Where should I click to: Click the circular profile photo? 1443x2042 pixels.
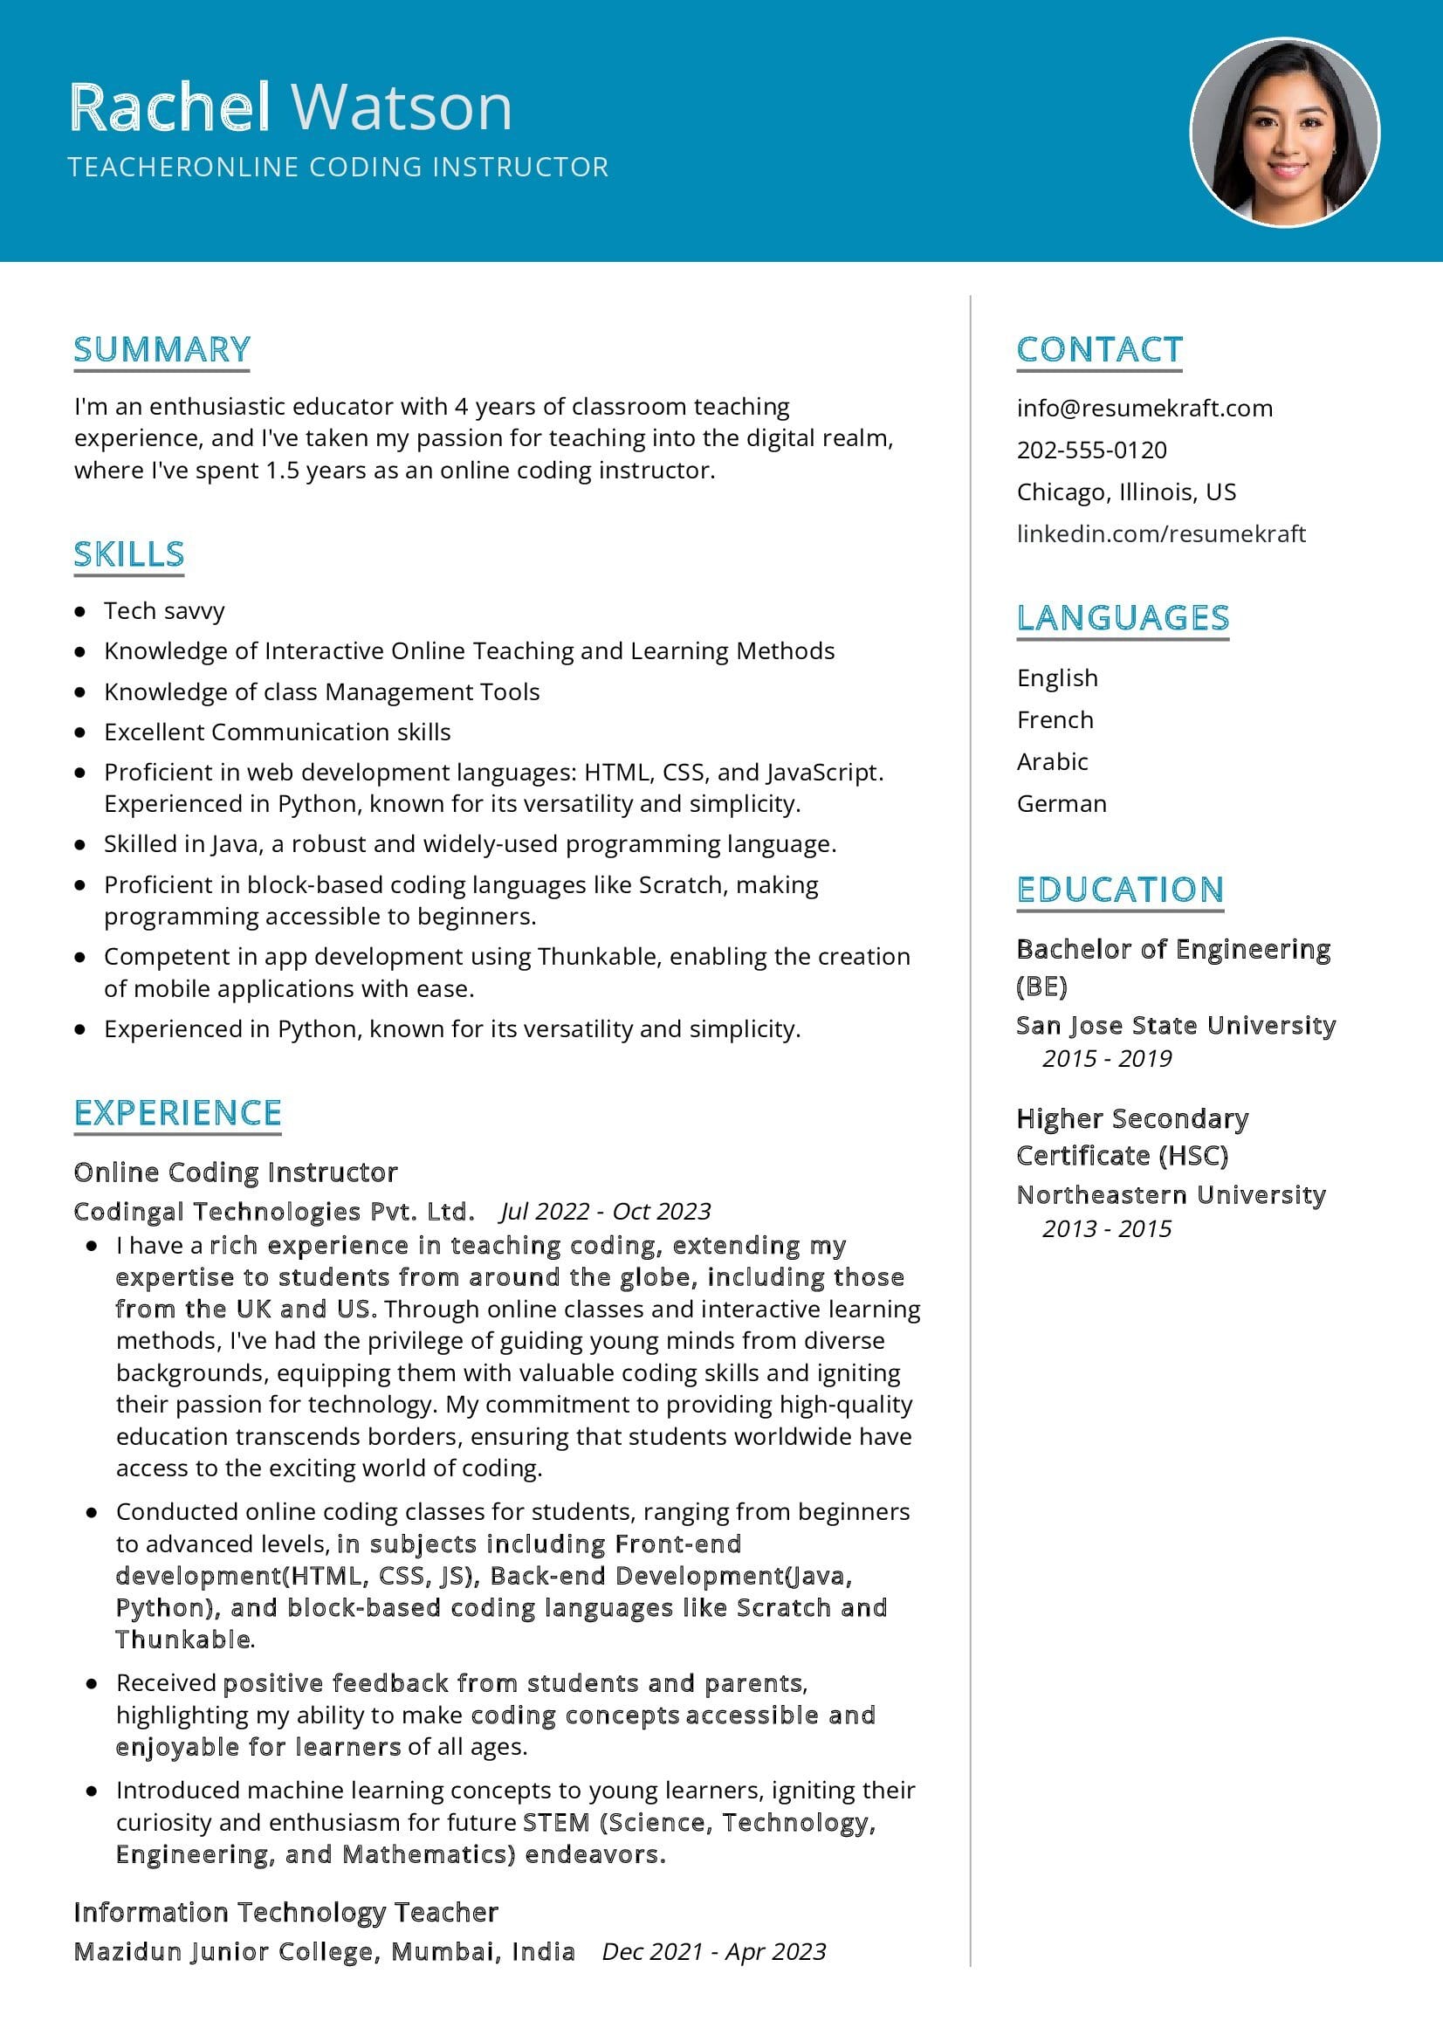[x=1285, y=133]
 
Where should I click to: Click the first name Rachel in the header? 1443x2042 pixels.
[x=170, y=107]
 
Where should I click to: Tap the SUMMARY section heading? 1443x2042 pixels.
[x=161, y=349]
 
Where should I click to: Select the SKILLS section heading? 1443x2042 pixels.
[x=129, y=554]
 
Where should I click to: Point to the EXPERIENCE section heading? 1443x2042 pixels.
[x=178, y=1112]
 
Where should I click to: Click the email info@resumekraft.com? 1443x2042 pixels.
[x=1144, y=409]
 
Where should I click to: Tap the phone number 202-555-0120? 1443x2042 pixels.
[x=1092, y=450]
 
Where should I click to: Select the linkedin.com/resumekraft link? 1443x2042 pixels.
[x=1161, y=533]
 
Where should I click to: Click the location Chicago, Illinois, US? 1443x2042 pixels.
[x=1126, y=492]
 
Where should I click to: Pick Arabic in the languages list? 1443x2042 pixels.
[x=1053, y=761]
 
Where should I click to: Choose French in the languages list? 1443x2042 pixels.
[x=1055, y=719]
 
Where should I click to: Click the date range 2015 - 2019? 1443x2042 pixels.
[x=1107, y=1058]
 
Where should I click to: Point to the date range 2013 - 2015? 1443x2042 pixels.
[x=1107, y=1228]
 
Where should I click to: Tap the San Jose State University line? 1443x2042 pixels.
[x=1175, y=1026]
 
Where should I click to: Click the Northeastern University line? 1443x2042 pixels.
[x=1171, y=1194]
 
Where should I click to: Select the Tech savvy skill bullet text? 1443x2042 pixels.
[x=164, y=611]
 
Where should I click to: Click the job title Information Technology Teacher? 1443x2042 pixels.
[x=285, y=1912]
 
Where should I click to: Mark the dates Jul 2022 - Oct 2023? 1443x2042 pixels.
[x=606, y=1212]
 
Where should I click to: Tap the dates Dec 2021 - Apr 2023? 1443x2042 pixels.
[x=714, y=1951]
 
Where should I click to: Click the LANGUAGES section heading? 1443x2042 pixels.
[x=1123, y=618]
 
